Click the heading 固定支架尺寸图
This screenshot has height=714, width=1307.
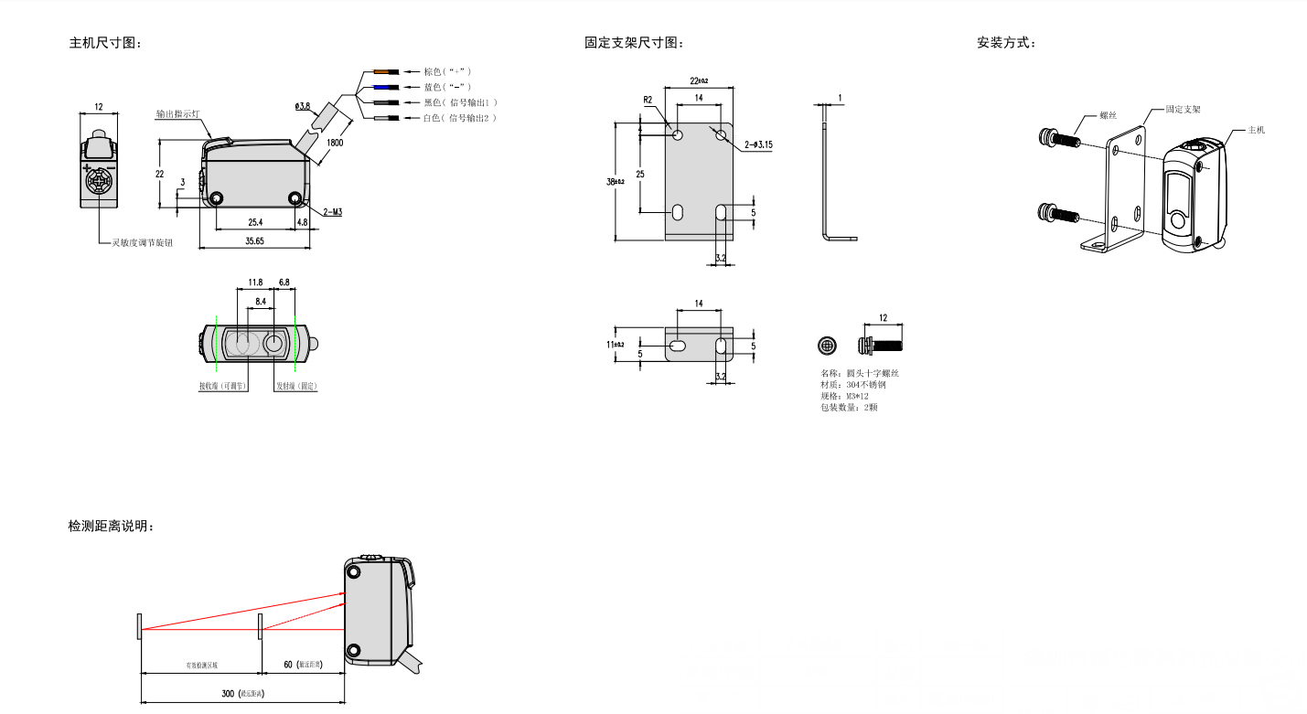634,43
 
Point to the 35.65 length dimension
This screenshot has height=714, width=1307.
255,241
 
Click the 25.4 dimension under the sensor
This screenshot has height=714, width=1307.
254,222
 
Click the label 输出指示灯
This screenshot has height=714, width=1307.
183,114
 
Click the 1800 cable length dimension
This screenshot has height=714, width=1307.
336,143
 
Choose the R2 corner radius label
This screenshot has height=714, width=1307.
648,99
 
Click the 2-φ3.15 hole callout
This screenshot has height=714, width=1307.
758,144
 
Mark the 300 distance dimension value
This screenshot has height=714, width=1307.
230,694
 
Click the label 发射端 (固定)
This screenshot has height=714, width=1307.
296,387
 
